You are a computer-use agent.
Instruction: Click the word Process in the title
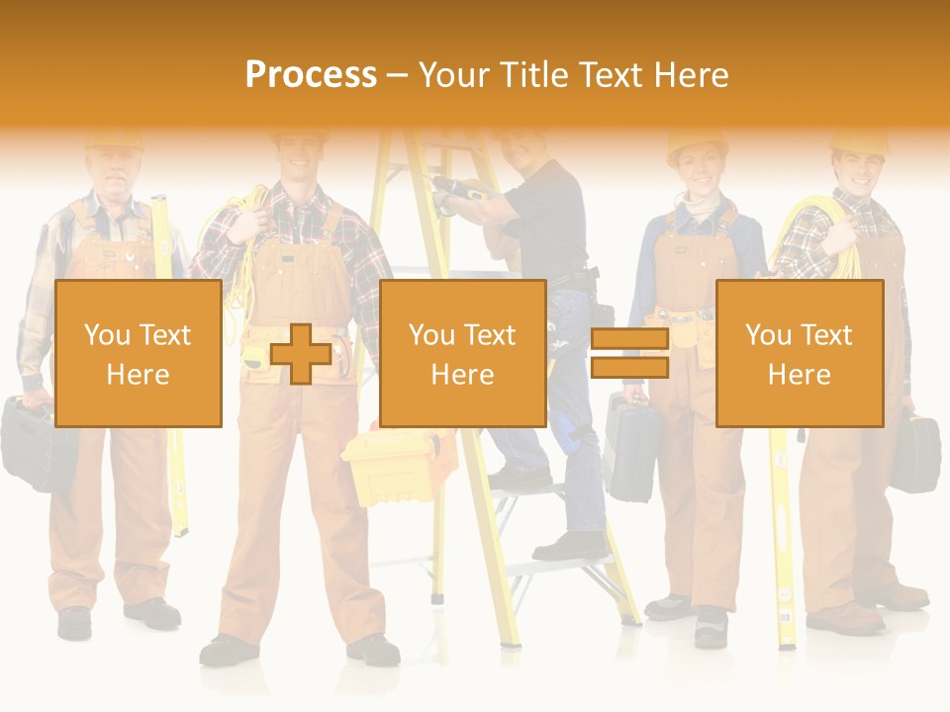click(x=311, y=75)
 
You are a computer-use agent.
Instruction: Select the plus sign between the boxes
click(x=301, y=354)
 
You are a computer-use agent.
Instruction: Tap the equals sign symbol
click(x=629, y=354)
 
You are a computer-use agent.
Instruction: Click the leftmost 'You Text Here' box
click(x=139, y=354)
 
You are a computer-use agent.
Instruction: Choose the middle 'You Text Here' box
click(x=462, y=354)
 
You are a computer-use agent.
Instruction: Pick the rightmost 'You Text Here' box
click(x=799, y=354)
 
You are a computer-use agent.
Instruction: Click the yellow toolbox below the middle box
click(x=388, y=465)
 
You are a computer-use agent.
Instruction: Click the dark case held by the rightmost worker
click(x=914, y=454)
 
